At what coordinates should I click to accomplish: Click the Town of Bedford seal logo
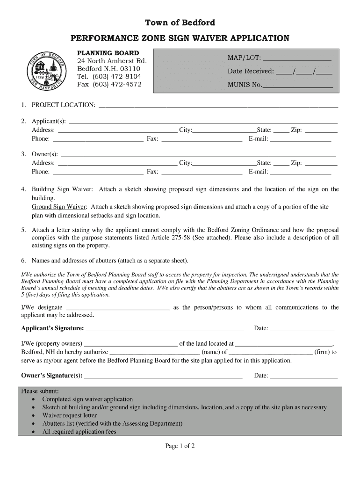[x=47, y=71]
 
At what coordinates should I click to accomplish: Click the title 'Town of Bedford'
[x=180, y=22]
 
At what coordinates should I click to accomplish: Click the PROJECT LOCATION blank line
[x=217, y=106]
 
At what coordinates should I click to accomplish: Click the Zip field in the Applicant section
[x=321, y=131]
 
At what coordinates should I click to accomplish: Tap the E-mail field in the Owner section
[x=301, y=173]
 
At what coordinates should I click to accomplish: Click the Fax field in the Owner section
[x=201, y=173]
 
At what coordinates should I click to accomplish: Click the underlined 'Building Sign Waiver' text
[x=62, y=189]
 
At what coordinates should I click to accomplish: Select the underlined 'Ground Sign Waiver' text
[x=59, y=207]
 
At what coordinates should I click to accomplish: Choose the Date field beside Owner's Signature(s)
[x=303, y=376]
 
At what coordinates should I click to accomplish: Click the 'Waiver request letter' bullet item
[x=70, y=415]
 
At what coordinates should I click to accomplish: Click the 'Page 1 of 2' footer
[x=180, y=446]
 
